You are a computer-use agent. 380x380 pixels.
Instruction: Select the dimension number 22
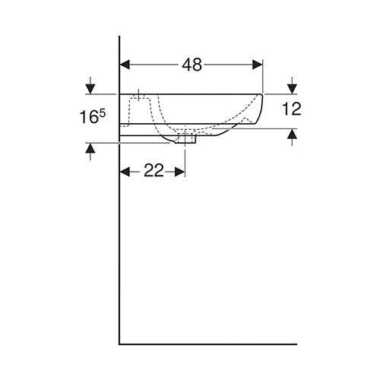[x=154, y=171]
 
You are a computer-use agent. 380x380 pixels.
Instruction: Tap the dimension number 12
[x=292, y=108]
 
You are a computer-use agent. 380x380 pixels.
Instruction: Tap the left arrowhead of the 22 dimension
[x=126, y=171]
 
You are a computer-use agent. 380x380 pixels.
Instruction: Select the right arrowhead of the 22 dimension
[x=181, y=171]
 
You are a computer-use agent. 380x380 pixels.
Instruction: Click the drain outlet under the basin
[x=185, y=138]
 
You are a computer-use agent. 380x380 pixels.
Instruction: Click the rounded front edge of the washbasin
[x=261, y=110]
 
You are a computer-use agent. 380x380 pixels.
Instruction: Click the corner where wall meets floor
[x=120, y=344]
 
